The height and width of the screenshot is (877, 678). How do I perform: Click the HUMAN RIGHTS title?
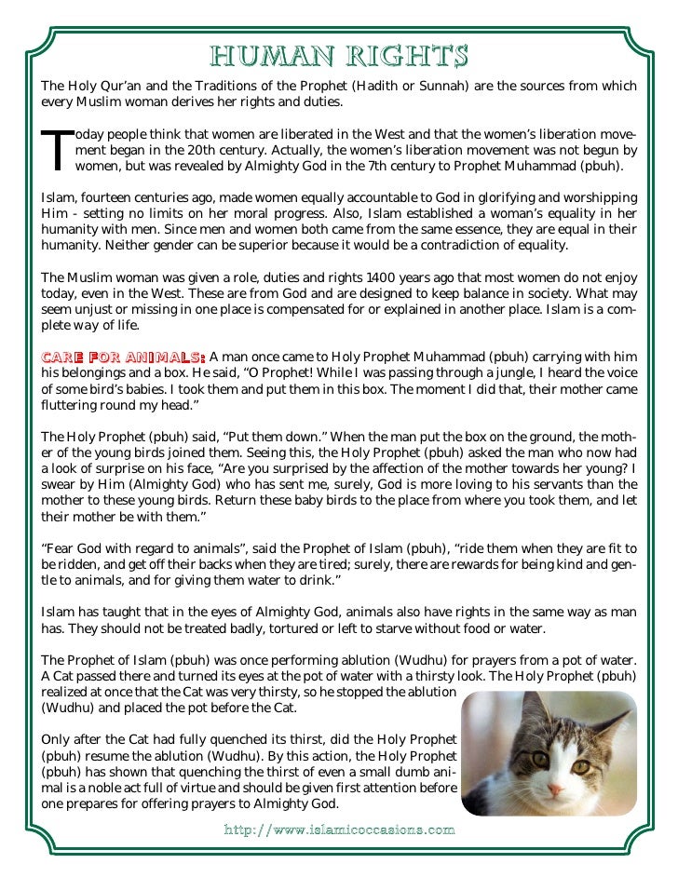click(x=339, y=56)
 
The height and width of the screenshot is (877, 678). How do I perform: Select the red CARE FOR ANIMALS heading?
click(x=122, y=356)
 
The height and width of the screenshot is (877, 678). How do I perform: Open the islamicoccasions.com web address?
click(x=339, y=828)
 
